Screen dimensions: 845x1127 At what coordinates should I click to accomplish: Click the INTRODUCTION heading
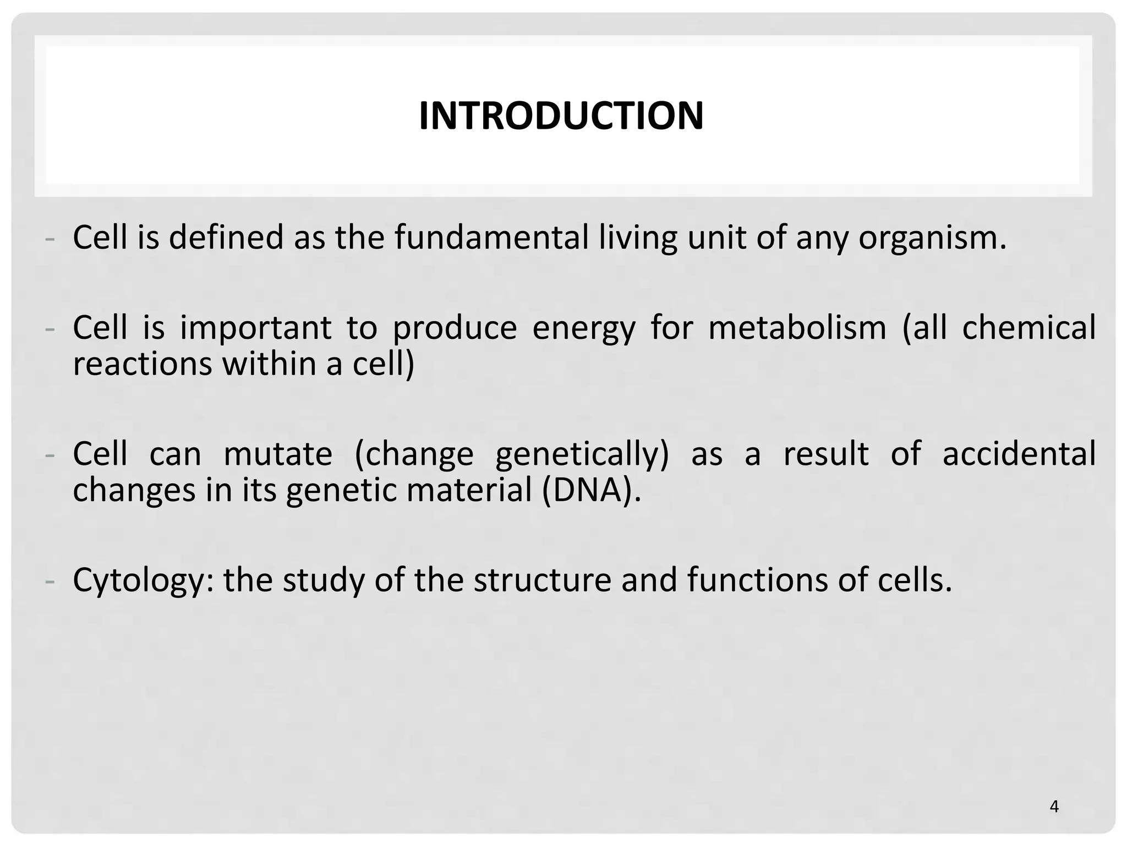(561, 116)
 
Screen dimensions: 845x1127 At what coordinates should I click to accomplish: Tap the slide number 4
(1054, 806)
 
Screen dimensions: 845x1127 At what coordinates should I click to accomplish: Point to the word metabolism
(797, 328)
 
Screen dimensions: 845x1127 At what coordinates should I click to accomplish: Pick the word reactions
(142, 364)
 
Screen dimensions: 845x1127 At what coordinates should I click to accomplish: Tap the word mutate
(278, 454)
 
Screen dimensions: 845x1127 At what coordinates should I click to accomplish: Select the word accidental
(1019, 454)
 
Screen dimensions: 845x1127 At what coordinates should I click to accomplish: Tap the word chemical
(1028, 328)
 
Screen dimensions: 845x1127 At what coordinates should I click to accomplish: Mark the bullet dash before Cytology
(50, 581)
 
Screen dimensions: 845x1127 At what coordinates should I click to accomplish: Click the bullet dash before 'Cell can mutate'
(50, 456)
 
